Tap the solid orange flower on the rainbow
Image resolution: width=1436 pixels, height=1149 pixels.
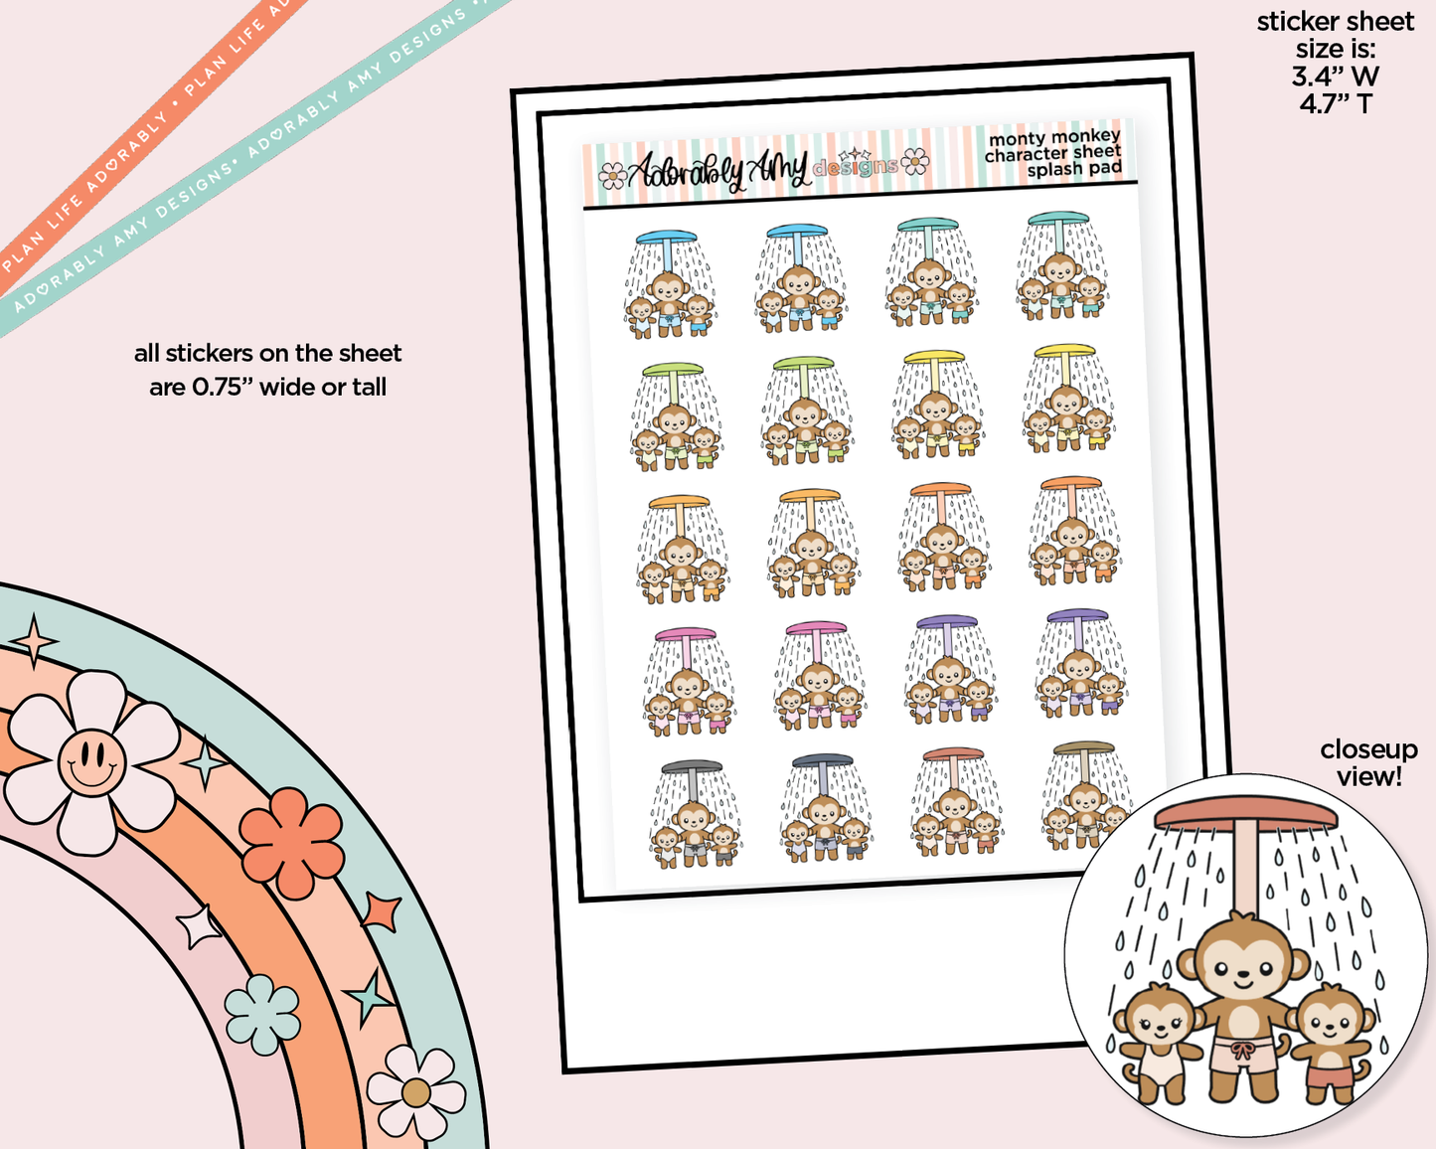pos(291,843)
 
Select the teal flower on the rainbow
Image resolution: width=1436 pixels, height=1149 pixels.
pos(262,1014)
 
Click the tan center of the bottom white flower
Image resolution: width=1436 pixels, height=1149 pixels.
pos(416,1093)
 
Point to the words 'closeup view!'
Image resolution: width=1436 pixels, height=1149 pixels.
pos(1368,763)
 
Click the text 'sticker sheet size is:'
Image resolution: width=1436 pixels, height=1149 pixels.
pos(1336,35)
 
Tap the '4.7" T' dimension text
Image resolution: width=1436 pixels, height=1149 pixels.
pos(1336,104)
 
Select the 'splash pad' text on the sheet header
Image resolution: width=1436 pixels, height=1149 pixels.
pos(1074,169)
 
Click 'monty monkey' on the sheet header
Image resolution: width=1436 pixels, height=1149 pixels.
pos(1054,137)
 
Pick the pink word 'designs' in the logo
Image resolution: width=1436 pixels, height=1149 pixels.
pos(855,166)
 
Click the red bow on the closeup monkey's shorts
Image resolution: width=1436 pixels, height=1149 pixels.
pos(1241,1051)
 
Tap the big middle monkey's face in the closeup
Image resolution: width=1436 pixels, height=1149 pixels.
pos(1242,966)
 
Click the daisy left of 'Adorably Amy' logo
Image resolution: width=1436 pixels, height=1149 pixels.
pos(612,176)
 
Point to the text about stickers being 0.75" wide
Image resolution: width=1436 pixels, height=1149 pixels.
pos(267,370)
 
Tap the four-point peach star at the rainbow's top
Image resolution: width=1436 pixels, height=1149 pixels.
pos(35,642)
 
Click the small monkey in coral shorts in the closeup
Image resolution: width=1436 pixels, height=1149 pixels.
pos(1330,1044)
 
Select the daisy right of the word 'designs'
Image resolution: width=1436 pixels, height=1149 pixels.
pos(915,161)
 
